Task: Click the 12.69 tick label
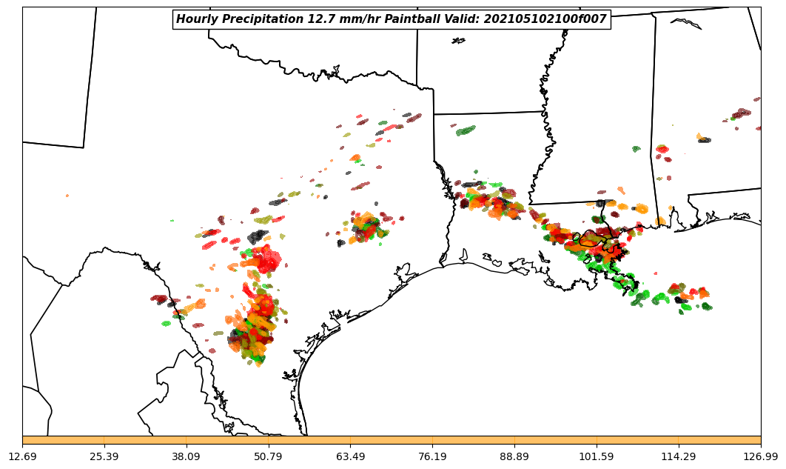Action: tap(22, 456)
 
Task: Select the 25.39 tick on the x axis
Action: tap(104, 456)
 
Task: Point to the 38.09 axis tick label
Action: tap(187, 456)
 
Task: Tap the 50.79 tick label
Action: tap(269, 456)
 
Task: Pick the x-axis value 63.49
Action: tap(351, 456)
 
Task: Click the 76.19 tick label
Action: tap(433, 456)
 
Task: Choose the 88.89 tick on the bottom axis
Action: tap(515, 456)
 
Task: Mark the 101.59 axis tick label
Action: tap(597, 456)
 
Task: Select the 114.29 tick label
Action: tap(679, 456)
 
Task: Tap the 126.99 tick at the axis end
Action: tap(761, 456)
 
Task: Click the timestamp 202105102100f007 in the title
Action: tap(545, 19)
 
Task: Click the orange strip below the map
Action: tap(392, 440)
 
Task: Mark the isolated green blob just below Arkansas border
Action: tap(466, 130)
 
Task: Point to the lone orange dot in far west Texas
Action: tap(67, 196)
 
